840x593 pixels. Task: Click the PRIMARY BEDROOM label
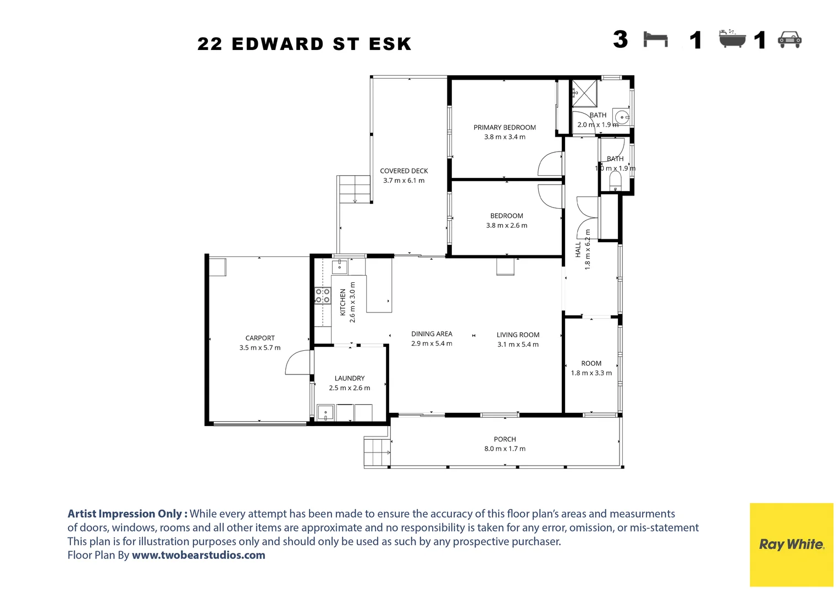pyautogui.click(x=504, y=127)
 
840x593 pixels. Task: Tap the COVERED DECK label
pyautogui.click(x=404, y=171)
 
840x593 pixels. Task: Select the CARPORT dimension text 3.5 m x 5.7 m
pyautogui.click(x=259, y=348)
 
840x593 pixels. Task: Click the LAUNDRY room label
pyautogui.click(x=349, y=378)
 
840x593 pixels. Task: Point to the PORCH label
pyautogui.click(x=504, y=439)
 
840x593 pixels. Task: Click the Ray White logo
pyautogui.click(x=791, y=544)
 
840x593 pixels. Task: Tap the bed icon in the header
pyautogui.click(x=655, y=40)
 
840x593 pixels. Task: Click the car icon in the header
pyautogui.click(x=789, y=40)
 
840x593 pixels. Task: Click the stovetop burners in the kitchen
pyautogui.click(x=323, y=295)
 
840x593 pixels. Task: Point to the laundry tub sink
pyautogui.click(x=325, y=412)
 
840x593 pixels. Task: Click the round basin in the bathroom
pyautogui.click(x=621, y=116)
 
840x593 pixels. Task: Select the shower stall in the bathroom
pyautogui.click(x=584, y=92)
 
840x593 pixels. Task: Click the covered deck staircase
pyautogui.click(x=354, y=189)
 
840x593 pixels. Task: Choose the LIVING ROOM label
pyautogui.click(x=517, y=335)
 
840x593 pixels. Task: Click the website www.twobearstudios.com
pyautogui.click(x=198, y=555)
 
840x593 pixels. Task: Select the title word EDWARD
pyautogui.click(x=278, y=44)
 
